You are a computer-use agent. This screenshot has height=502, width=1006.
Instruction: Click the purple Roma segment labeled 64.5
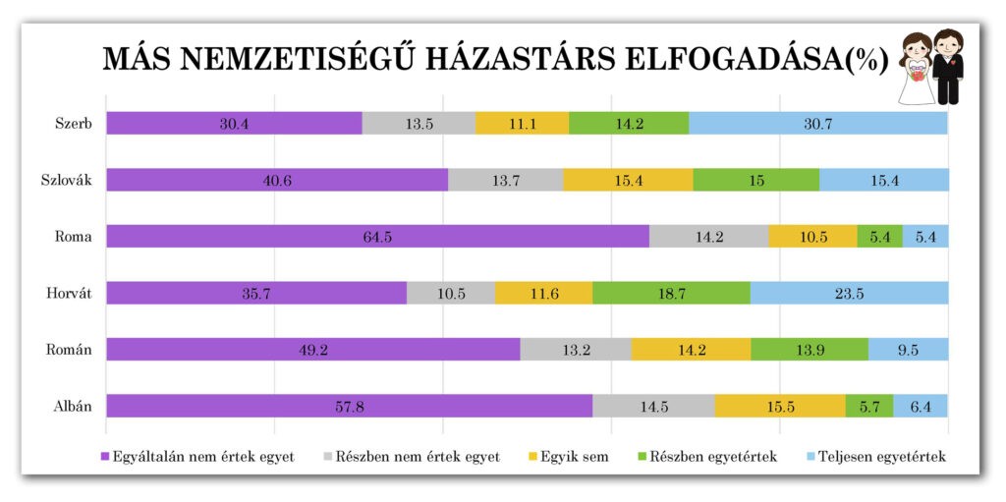pyautogui.click(x=377, y=237)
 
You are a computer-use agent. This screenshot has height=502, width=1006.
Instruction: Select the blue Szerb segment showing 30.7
pyautogui.click(x=817, y=124)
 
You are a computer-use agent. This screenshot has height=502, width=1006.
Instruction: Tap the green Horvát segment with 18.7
pyautogui.click(x=671, y=293)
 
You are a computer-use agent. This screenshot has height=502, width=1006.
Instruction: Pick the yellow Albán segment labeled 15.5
pyautogui.click(x=779, y=406)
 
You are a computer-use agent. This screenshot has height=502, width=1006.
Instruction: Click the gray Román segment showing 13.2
pyautogui.click(x=575, y=350)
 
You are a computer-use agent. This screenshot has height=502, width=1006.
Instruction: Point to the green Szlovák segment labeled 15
pyautogui.click(x=755, y=180)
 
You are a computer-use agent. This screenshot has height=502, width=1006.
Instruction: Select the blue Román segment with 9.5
pyautogui.click(x=908, y=350)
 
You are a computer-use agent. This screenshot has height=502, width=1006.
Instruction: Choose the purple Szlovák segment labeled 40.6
pyautogui.click(x=276, y=180)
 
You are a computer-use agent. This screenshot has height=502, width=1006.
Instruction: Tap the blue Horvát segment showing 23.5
pyautogui.click(x=849, y=293)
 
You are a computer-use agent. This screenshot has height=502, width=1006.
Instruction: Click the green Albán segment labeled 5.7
pyautogui.click(x=869, y=406)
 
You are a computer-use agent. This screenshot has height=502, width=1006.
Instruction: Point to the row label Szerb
pyautogui.click(x=75, y=124)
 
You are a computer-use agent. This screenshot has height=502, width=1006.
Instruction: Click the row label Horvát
pyautogui.click(x=71, y=293)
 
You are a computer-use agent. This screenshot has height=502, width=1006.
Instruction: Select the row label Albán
pyautogui.click(x=74, y=406)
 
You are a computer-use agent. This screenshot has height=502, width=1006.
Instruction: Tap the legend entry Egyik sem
pyautogui.click(x=575, y=457)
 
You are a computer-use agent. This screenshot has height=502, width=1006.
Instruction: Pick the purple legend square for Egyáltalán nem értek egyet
pyautogui.click(x=105, y=458)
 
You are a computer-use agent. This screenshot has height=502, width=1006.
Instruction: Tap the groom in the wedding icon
pyautogui.click(x=948, y=67)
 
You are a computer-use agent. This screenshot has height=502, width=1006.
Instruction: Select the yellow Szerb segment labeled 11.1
pyautogui.click(x=522, y=124)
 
